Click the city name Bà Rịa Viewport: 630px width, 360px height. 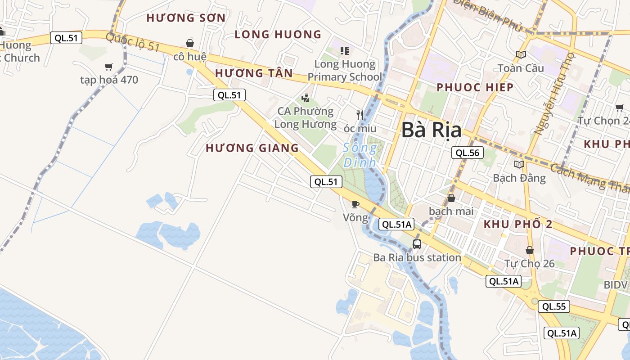pyautogui.click(x=431, y=130)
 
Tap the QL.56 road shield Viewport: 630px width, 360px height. pyautogui.click(x=468, y=153)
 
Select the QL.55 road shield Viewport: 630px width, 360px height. pyautogui.click(x=553, y=307)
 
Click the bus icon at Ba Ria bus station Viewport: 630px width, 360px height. pyautogui.click(x=417, y=244)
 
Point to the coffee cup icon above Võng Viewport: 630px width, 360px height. pyautogui.click(x=355, y=205)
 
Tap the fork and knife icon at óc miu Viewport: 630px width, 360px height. pyautogui.click(x=360, y=115)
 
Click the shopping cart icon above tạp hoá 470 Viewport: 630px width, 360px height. pyautogui.click(x=108, y=67)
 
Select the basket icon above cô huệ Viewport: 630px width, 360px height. pyautogui.click(x=190, y=43)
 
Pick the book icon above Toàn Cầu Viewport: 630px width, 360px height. pyautogui.click(x=521, y=54)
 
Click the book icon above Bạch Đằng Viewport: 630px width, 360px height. pyautogui.click(x=519, y=164)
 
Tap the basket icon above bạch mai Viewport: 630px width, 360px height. pyautogui.click(x=451, y=198)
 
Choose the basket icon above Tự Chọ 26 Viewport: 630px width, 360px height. pyautogui.click(x=530, y=250)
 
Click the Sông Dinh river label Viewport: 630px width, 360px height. pyautogui.click(x=360, y=155)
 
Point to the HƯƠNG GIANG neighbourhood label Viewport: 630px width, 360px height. pyautogui.click(x=252, y=148)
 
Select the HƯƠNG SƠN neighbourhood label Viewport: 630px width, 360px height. pyautogui.click(x=186, y=18)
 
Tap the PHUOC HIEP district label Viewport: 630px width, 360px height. pyautogui.click(x=475, y=87)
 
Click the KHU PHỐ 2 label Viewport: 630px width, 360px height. pyautogui.click(x=517, y=224)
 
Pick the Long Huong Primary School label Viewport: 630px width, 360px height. pyautogui.click(x=344, y=70)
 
